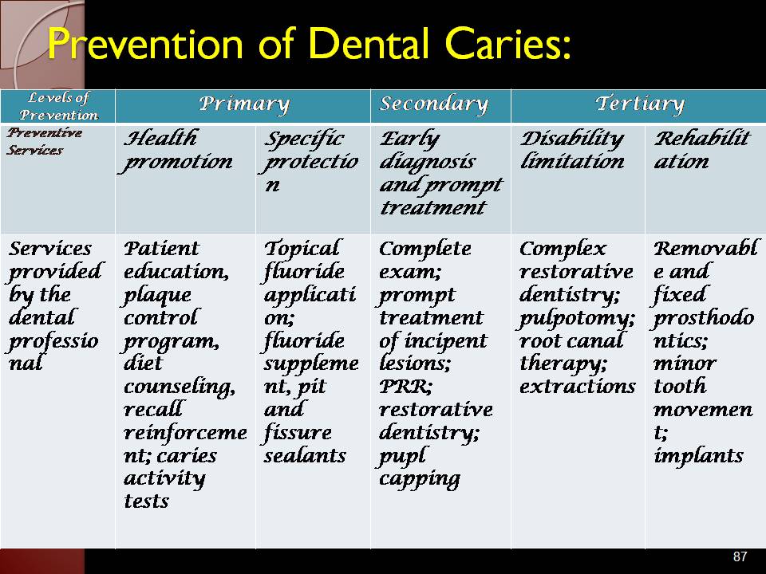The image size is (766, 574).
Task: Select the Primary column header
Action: coord(244,104)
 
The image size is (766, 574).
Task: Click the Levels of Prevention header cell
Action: coord(58,106)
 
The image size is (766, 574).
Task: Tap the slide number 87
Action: coord(740,556)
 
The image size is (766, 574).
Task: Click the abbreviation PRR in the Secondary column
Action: coord(405,387)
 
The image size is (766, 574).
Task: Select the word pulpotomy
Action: coord(576,319)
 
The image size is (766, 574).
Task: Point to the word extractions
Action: coord(578,386)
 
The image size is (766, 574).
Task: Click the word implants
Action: coord(699,456)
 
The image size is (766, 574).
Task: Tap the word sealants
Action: coord(305,455)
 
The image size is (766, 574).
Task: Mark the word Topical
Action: coord(302,249)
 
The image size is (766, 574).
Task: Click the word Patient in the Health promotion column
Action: coord(161,249)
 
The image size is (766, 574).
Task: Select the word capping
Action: coord(420,479)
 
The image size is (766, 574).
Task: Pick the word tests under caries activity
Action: coord(146,501)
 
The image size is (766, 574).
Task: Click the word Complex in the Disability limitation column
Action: coord(563,249)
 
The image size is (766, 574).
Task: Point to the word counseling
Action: coord(180,387)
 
